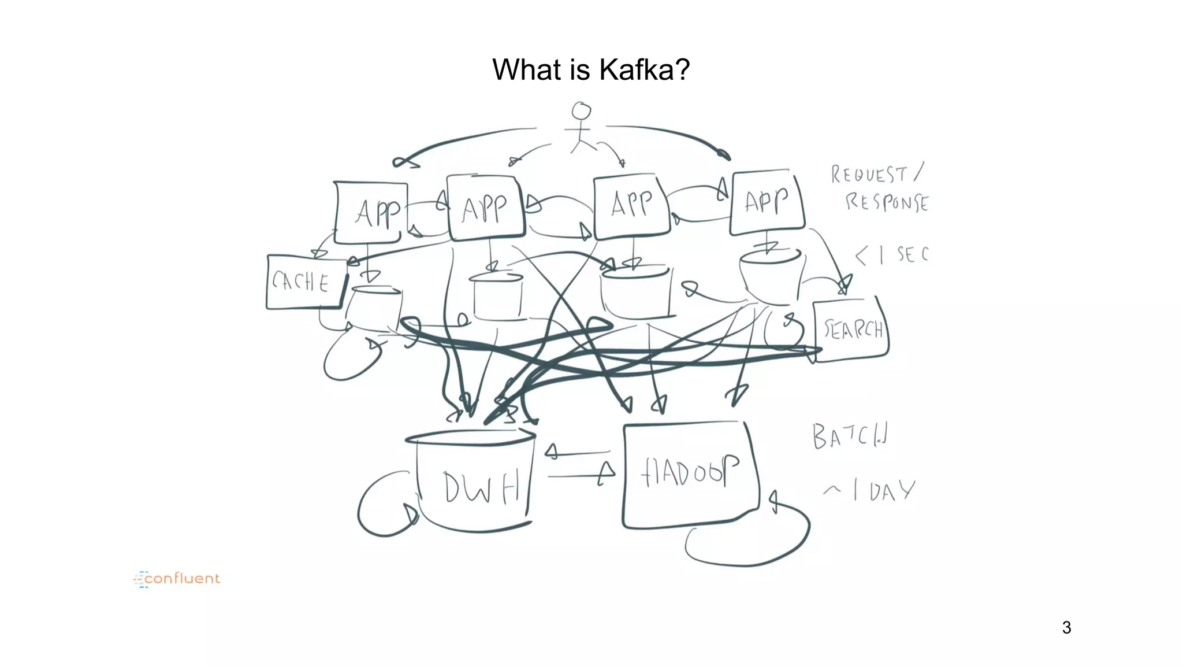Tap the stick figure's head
click(581, 110)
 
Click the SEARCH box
click(851, 330)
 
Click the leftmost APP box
click(371, 212)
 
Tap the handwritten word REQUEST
click(869, 174)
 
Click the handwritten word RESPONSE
click(887, 202)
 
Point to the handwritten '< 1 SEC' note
click(892, 254)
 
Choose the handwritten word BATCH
click(849, 436)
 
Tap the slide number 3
click(1066, 627)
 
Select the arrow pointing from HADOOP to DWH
click(578, 452)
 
